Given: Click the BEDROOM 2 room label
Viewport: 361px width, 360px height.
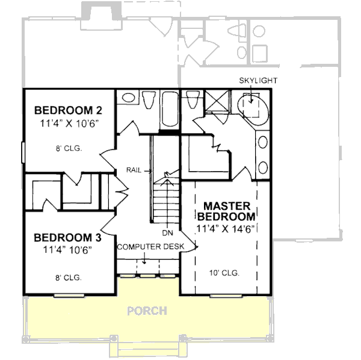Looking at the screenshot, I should [67, 110].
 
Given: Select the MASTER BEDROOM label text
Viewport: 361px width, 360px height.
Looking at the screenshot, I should [226, 211].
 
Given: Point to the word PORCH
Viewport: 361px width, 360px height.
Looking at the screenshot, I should [147, 311].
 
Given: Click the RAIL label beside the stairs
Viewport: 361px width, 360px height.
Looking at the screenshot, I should [134, 170].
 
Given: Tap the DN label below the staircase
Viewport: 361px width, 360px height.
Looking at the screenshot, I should [167, 232].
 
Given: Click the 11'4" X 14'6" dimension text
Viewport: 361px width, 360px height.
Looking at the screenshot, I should [226, 228].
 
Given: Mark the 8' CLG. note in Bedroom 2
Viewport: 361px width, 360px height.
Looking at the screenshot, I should [67, 147].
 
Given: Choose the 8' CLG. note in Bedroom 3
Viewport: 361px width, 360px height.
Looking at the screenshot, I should [67, 278].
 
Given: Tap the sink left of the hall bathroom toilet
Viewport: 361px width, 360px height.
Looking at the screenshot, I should [127, 98].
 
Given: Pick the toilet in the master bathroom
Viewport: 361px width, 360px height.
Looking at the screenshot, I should [193, 100].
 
